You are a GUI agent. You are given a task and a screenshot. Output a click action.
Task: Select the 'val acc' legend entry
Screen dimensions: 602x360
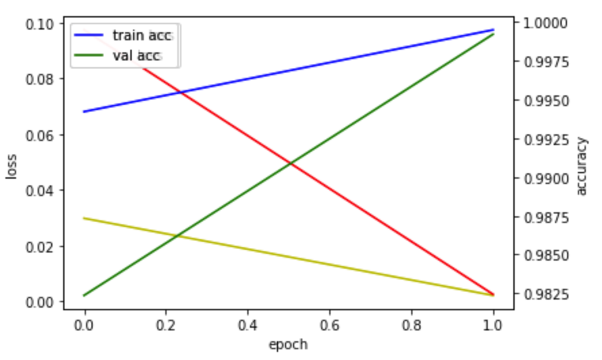tap(118, 55)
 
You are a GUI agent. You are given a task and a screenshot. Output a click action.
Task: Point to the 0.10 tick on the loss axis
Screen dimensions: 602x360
tap(40, 24)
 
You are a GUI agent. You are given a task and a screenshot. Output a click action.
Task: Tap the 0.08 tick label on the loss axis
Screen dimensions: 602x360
tap(40, 79)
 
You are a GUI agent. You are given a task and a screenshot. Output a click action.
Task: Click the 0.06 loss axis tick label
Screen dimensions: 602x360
tap(40, 135)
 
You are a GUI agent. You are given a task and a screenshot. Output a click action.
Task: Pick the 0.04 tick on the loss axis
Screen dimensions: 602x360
tap(40, 191)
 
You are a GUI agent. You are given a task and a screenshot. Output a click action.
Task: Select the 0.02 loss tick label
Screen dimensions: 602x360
tap(40, 246)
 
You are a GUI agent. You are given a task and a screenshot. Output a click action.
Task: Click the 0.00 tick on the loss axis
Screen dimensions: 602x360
tap(40, 302)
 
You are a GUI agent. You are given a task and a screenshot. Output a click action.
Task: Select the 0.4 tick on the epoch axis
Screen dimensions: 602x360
tap(248, 326)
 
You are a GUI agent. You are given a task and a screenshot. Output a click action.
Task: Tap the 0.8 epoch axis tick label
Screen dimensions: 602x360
tap(412, 326)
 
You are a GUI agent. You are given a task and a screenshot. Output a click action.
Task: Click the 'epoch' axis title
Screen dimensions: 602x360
tap(288, 345)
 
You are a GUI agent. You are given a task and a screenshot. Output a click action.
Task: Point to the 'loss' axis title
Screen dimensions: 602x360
tap(11, 166)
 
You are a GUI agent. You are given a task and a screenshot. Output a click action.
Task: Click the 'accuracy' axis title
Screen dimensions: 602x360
tap(581, 166)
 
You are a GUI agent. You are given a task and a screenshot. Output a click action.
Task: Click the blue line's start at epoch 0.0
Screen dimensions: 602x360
tap(84, 111)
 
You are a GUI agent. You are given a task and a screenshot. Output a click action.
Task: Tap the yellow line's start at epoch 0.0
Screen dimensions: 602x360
tap(84, 218)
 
